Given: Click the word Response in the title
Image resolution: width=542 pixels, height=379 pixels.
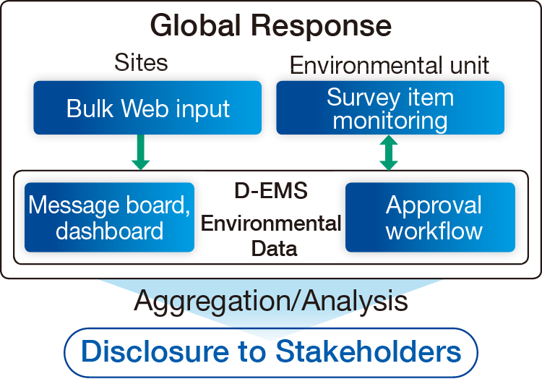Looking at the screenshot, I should click(322, 27).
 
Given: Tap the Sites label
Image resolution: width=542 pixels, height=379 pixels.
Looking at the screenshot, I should click(141, 62).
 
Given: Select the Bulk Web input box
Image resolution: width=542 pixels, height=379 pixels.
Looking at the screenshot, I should click(147, 108).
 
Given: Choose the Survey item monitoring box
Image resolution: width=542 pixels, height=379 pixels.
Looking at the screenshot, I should click(390, 108).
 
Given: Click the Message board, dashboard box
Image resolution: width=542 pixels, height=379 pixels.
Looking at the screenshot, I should click(109, 217).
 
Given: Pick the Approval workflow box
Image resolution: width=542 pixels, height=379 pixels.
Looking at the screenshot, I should click(430, 217).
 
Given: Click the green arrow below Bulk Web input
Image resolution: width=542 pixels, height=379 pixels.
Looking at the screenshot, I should click(142, 153).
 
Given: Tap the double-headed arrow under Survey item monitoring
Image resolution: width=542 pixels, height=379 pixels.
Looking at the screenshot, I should click(390, 153).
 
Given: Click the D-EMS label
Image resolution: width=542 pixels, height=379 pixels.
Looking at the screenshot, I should click(271, 192).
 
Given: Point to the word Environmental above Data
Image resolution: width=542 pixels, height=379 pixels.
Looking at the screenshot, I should click(271, 223).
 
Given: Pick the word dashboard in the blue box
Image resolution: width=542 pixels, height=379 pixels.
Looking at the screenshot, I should click(109, 231).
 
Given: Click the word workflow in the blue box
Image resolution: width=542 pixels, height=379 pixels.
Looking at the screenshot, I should click(434, 231).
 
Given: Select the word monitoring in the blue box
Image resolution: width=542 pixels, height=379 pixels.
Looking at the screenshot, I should click(390, 120).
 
